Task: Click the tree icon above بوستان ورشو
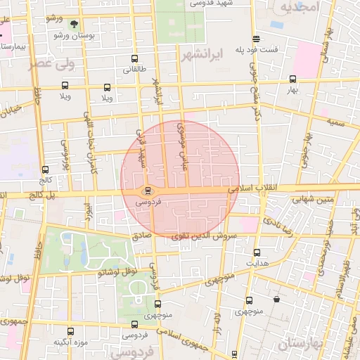[73, 24]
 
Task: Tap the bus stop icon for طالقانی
[134, 59]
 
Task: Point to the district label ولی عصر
[49, 65]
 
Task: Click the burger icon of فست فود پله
[256, 39]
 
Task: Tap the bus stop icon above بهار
[293, 79]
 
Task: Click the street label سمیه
[335, 122]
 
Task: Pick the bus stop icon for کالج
[46, 169]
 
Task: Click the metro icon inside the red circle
[148, 190]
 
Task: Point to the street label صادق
[142, 237]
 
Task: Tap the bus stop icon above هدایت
[257, 252]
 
